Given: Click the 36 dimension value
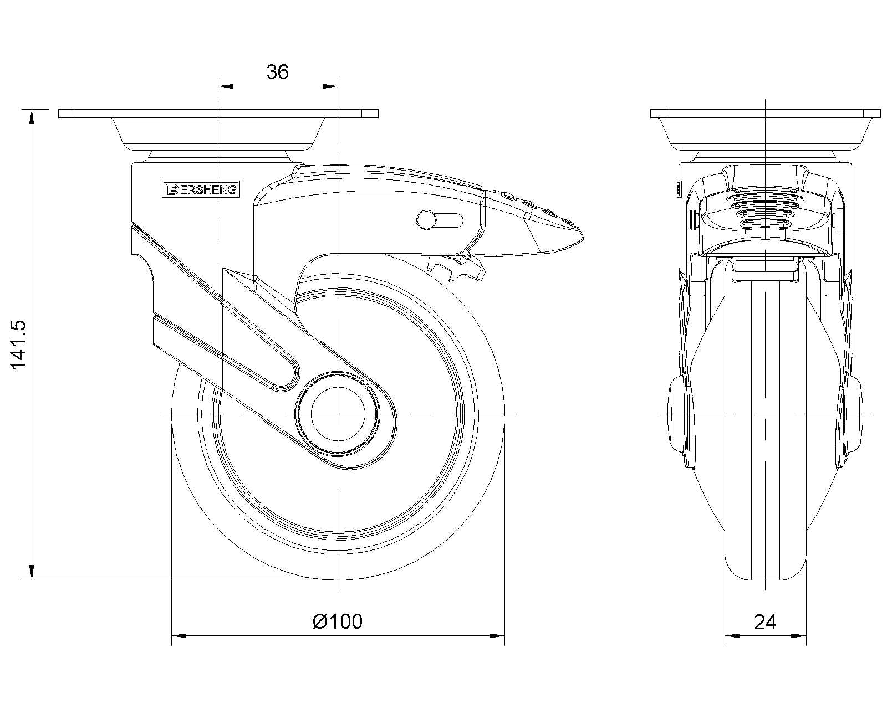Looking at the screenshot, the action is point(277,72).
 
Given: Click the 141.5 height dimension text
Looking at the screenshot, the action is point(18,345).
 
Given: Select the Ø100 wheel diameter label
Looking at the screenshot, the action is point(338,621).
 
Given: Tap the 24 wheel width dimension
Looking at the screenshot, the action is point(765,622).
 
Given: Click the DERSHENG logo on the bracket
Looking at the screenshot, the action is point(201,189).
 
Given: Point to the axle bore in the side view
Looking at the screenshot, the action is point(338,414).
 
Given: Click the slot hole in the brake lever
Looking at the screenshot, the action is point(440,219).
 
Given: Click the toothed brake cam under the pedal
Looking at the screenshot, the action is point(457,268).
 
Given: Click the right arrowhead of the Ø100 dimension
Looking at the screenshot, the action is point(497,636).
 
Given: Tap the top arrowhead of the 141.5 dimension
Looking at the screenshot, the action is point(32,116).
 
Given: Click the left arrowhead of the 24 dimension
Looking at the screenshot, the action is point(732,636).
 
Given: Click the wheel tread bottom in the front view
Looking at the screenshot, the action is point(766,577).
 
